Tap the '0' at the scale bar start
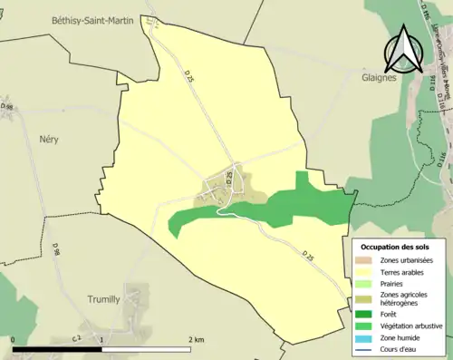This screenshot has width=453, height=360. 14,339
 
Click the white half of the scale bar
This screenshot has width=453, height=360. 147,348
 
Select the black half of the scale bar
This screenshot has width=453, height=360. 57,348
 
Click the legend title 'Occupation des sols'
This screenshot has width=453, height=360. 395,247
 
